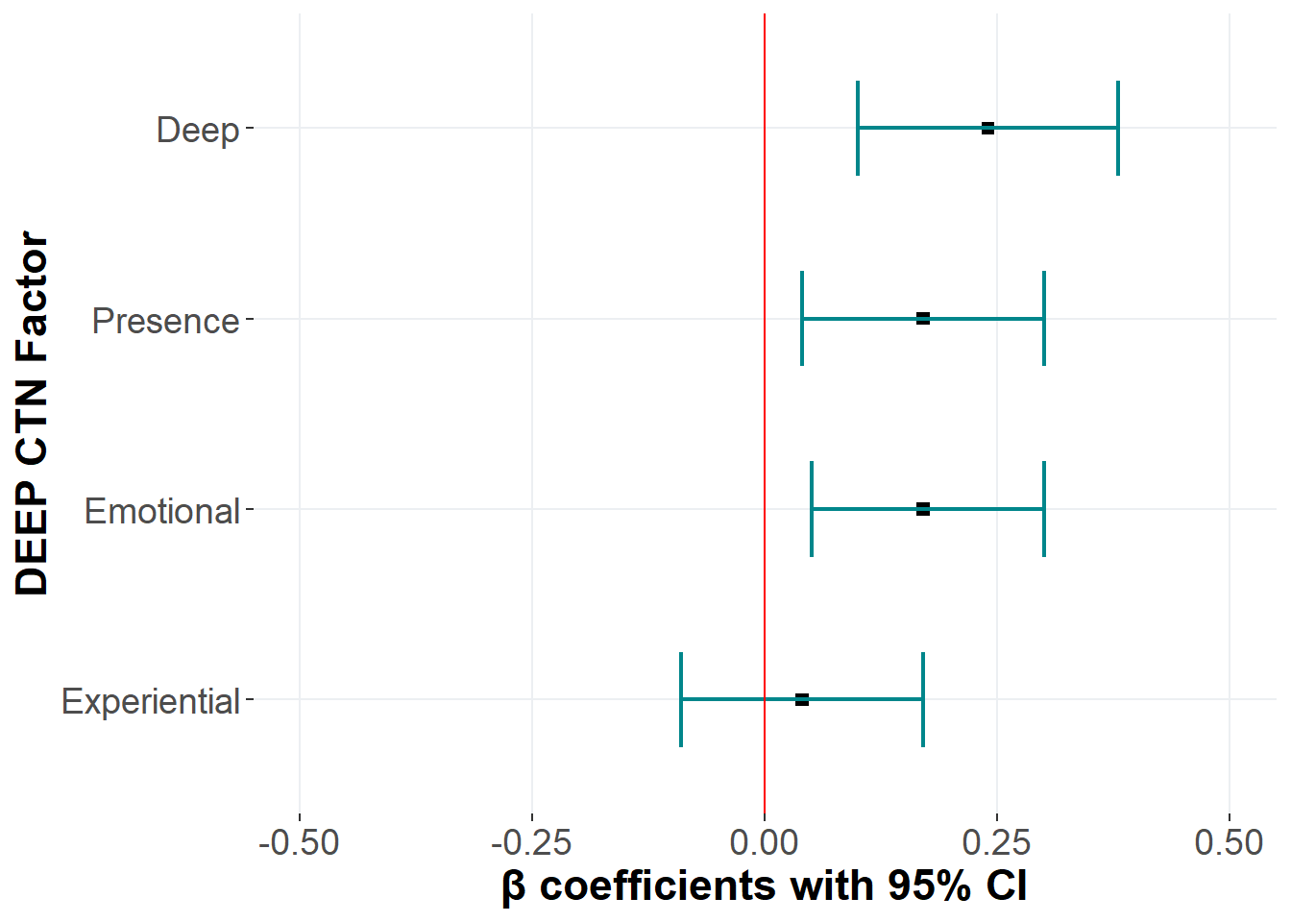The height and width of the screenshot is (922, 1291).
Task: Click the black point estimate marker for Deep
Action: point(987,128)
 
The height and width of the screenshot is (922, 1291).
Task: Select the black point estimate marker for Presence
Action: point(923,318)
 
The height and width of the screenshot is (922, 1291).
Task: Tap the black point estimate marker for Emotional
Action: point(923,509)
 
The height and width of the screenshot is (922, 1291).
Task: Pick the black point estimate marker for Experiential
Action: point(802,699)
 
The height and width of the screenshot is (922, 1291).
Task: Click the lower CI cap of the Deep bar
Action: point(858,128)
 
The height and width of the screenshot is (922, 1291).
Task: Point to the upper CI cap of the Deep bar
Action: point(1118,128)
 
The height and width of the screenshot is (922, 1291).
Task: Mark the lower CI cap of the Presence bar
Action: point(802,318)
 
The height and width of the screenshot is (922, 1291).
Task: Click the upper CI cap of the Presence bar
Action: point(1044,318)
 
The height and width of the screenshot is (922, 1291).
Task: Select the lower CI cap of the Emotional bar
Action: point(812,509)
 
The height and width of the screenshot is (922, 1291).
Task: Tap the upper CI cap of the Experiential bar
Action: point(923,699)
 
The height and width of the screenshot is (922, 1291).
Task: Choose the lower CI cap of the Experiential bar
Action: point(681,699)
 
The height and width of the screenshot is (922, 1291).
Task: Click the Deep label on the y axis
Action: point(198,130)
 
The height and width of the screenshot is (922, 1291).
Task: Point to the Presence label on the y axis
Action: point(165,321)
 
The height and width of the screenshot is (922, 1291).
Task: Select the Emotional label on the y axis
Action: point(161,511)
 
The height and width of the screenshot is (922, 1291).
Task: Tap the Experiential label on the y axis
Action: point(151,702)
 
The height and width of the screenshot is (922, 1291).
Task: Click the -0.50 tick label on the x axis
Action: point(299,842)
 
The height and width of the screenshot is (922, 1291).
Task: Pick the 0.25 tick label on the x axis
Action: point(996,842)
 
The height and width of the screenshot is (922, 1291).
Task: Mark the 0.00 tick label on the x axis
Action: point(764,842)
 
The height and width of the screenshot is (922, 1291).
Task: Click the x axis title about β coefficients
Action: point(764,886)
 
